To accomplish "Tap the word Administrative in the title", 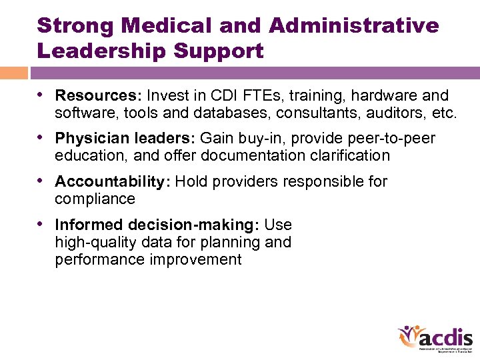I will [354, 25].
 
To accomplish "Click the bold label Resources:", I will [98, 96].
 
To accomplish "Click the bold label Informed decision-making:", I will [157, 225].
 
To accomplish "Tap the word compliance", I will [95, 199].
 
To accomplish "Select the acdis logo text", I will [449, 337].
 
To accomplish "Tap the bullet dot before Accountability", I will [43, 181].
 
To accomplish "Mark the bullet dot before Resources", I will [43, 95].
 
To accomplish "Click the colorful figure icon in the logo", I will [409, 336].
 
